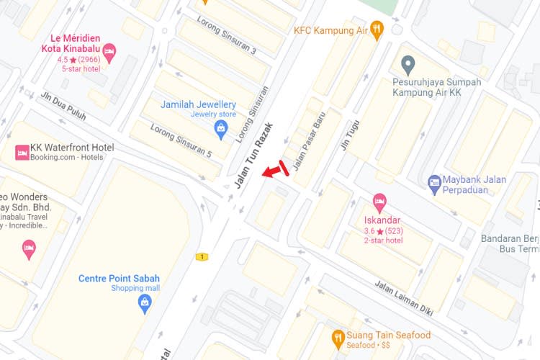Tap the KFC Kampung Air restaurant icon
pyautogui.click(x=377, y=30)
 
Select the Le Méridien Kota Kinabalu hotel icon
pyautogui.click(x=109, y=50)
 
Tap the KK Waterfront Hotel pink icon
pyautogui.click(x=22, y=152)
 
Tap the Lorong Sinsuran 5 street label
pyautogui.click(x=181, y=140)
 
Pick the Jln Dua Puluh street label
pyautogui.click(x=63, y=105)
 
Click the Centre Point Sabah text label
pyautogui.click(x=119, y=279)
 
